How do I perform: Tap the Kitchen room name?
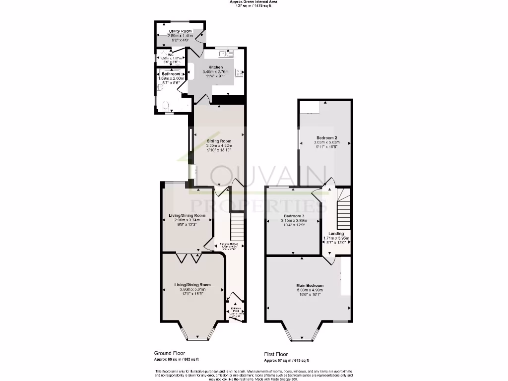215,67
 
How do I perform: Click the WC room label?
170,55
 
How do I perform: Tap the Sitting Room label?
219,141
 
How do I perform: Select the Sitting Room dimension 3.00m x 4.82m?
219,145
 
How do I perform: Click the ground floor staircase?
238,226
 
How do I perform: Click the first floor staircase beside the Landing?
343,208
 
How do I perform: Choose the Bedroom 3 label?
294,216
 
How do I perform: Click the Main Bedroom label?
310,286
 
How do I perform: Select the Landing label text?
336,233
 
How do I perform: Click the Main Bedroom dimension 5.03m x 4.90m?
310,290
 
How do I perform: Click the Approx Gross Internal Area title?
254,2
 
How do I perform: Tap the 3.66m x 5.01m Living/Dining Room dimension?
192,289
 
